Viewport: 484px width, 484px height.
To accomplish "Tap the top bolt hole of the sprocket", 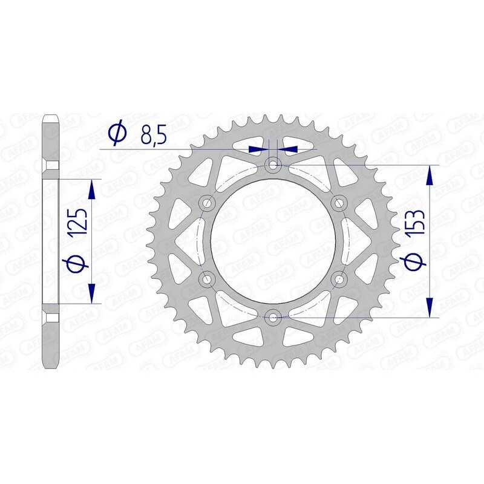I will pos(273,165).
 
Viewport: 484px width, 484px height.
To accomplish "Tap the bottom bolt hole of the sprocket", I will pos(273,316).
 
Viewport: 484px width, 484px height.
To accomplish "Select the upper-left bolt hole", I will pos(208,203).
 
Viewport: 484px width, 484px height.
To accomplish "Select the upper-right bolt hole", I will pos(338,203).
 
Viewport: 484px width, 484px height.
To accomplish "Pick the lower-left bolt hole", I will pos(208,278).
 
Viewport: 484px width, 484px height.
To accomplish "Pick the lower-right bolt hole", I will pos(338,278).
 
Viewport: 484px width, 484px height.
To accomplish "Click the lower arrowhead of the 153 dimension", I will pos(430,307).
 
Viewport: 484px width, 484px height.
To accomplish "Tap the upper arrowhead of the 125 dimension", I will pos(91,189).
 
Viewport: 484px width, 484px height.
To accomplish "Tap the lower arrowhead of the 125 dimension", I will pos(91,293).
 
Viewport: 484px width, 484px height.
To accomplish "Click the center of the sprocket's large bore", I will pos(273,241).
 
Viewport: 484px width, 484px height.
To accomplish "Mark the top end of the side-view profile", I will pos(51,117).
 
